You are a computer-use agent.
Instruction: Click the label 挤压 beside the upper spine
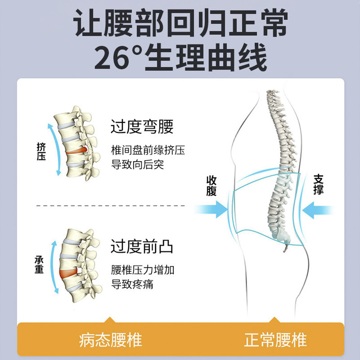click(x=41, y=152)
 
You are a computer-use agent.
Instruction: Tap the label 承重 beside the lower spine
click(x=39, y=265)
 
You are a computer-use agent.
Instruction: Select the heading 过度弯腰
click(x=142, y=127)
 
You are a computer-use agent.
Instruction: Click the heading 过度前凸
click(x=142, y=247)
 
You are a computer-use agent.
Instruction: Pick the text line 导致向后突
click(x=137, y=165)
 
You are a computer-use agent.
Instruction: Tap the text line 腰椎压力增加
click(x=143, y=270)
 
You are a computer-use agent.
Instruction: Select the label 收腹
click(x=211, y=185)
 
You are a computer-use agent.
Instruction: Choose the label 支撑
click(x=319, y=184)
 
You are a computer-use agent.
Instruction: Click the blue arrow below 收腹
click(x=211, y=209)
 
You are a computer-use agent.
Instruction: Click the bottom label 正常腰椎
click(x=275, y=340)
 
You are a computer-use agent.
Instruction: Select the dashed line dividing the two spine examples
click(x=110, y=206)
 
